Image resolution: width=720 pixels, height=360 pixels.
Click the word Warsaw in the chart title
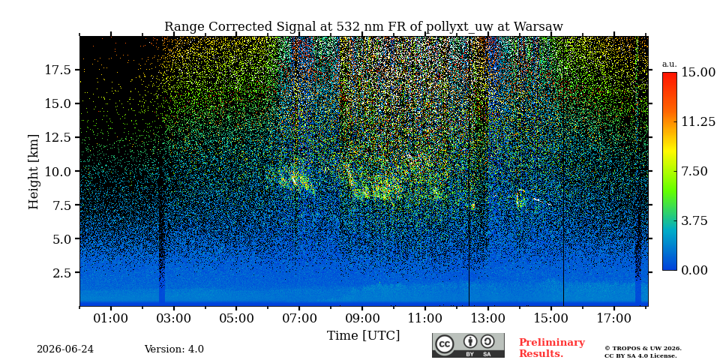click(x=538, y=27)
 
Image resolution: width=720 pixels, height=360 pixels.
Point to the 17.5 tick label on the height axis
click(x=58, y=70)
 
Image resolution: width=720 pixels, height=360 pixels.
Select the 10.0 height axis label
click(x=58, y=171)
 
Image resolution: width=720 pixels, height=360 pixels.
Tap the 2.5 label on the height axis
click(x=62, y=273)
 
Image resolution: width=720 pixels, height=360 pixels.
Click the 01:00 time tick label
click(x=111, y=318)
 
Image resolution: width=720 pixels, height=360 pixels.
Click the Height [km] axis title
click(x=34, y=172)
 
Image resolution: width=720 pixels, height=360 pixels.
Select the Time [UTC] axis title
click(x=363, y=336)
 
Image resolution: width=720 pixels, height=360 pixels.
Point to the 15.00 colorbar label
click(x=698, y=72)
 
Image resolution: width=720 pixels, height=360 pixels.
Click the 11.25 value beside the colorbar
click(x=698, y=121)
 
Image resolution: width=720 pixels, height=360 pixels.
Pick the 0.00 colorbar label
click(x=694, y=270)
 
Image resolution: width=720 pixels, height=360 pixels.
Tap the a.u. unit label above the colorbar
click(x=670, y=64)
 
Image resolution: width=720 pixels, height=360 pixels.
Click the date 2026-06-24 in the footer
click(x=65, y=349)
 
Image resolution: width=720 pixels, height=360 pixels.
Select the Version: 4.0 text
click(x=174, y=349)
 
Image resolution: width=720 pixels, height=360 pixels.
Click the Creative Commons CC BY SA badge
click(x=468, y=345)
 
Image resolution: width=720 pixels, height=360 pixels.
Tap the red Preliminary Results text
click(x=552, y=348)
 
